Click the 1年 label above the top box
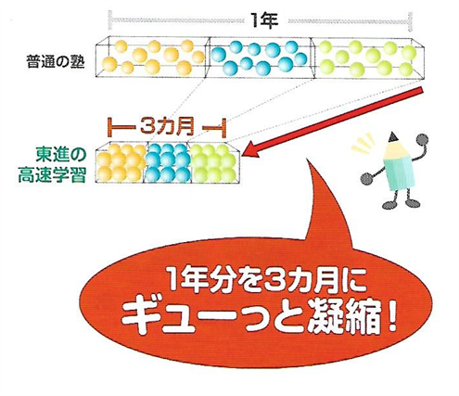264,21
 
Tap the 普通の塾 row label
56,61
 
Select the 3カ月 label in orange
167,126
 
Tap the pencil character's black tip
393,136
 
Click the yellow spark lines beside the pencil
364,143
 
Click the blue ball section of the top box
260,57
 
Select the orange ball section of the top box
153,57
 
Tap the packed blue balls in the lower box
167,163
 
